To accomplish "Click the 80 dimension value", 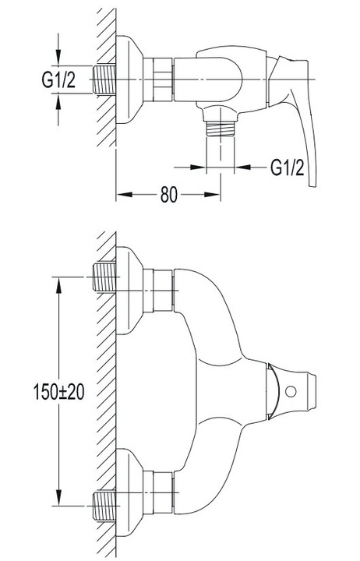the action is tap(168, 195).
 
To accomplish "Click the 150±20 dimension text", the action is tap(58, 392).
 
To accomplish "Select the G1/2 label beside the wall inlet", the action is tap(58, 79).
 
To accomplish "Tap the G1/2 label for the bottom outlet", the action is tap(288, 167).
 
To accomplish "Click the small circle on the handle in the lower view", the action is tap(291, 391).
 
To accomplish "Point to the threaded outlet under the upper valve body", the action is tap(220, 128).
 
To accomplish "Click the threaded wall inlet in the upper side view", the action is tap(104, 79).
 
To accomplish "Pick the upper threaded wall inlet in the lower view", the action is tap(104, 277).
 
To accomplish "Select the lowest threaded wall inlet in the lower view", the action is tap(104, 506).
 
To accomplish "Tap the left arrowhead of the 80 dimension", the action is tap(125, 195).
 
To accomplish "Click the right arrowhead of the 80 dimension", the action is tap(212, 195).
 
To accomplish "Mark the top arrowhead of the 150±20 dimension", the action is tap(58, 285).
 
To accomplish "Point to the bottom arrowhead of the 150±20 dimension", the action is tap(58, 498).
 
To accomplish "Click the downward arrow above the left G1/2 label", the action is tap(58, 49).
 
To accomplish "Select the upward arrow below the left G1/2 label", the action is tap(58, 110).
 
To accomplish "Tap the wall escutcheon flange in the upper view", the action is tap(129, 79).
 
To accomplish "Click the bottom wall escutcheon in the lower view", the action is tap(129, 492).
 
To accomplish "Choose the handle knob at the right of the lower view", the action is tap(291, 391).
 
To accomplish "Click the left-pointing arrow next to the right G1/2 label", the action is tap(252, 167).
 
